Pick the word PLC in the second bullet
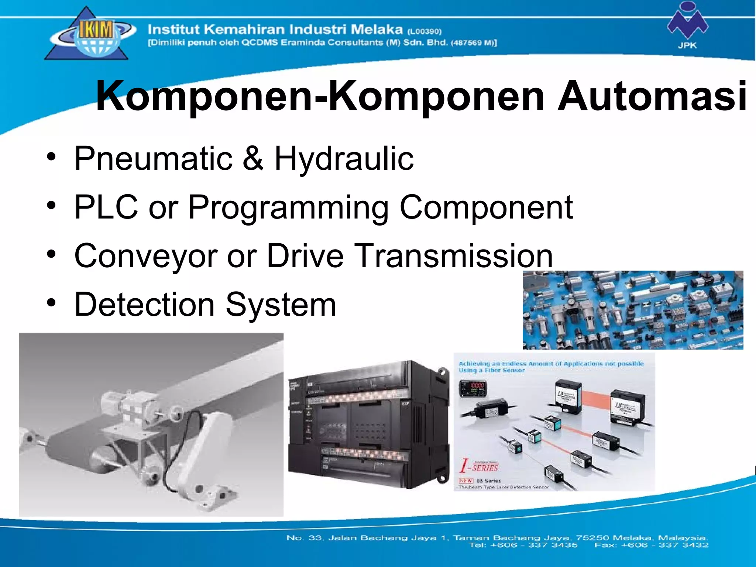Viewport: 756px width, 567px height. (x=106, y=207)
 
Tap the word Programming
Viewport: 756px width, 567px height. (x=288, y=208)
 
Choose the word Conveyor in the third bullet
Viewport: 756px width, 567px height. (x=146, y=256)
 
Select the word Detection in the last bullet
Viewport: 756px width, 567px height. (x=144, y=305)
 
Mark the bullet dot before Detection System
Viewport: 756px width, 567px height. (x=51, y=303)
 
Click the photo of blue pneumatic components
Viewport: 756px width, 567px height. (x=633, y=310)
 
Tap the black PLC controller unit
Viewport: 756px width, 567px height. (x=368, y=425)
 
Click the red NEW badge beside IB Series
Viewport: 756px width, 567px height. (x=466, y=481)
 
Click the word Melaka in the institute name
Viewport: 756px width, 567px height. (x=376, y=29)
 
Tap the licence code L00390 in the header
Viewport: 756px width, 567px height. (x=425, y=31)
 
